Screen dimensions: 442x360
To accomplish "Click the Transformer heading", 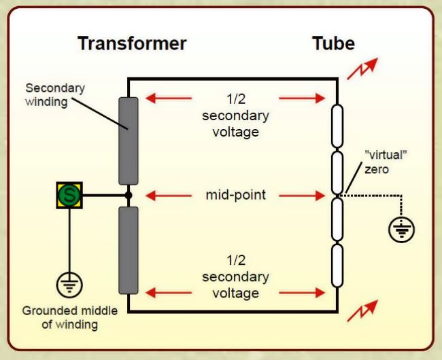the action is tap(132, 43).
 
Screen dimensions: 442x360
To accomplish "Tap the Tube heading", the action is tap(333, 43).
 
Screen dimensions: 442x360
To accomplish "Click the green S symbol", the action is tap(69, 195).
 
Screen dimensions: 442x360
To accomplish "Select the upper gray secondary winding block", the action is tap(129, 141).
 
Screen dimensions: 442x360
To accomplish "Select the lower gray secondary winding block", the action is tap(129, 250).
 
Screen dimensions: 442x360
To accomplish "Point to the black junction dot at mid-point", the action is tap(129, 195).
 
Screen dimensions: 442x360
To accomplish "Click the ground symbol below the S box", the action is tap(69, 285).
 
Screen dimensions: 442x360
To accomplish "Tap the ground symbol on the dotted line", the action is tap(401, 229).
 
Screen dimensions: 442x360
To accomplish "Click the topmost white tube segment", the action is tap(337, 126).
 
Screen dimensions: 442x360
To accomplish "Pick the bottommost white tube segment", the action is tap(337, 266).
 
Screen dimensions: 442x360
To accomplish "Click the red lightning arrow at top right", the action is tap(362, 69).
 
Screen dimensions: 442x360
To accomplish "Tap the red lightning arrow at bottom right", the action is tap(362, 310).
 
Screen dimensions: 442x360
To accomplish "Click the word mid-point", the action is tap(236, 195).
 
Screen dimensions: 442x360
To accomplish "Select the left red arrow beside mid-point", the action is tap(169, 196).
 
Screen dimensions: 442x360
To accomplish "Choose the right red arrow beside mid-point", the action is tap(302, 196).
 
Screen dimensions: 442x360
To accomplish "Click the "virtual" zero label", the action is tap(386, 162).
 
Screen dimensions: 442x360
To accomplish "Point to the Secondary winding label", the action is tap(55, 95).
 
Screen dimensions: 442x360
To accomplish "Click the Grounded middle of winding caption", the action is tap(70, 317).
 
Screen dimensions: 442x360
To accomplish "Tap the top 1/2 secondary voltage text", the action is tap(236, 115).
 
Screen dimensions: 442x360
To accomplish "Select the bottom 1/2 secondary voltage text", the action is tap(236, 276).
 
